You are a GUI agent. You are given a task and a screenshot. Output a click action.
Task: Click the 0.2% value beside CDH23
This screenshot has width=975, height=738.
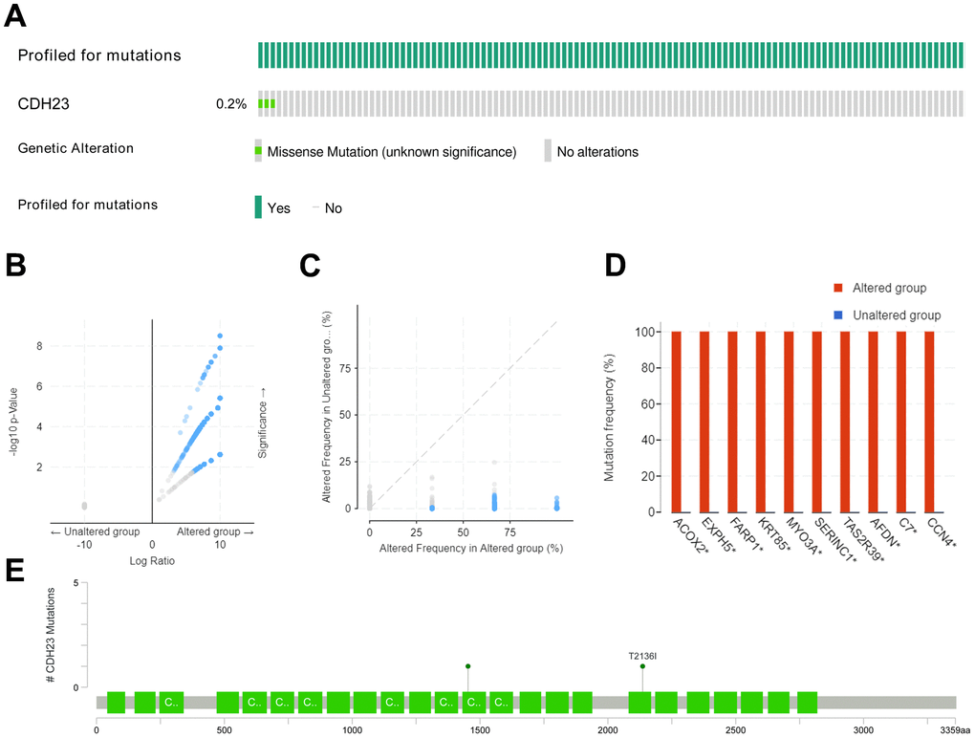(x=230, y=103)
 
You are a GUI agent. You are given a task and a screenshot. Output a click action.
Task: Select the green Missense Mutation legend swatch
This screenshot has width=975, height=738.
(x=257, y=151)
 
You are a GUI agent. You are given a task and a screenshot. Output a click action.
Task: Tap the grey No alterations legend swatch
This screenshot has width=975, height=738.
(x=548, y=151)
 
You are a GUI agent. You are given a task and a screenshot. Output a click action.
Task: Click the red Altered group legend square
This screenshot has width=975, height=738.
(x=838, y=289)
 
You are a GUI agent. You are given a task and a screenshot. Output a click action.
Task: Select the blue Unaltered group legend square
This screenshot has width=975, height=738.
(x=838, y=315)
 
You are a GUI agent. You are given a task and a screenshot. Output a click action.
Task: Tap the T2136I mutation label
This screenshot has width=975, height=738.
(x=642, y=656)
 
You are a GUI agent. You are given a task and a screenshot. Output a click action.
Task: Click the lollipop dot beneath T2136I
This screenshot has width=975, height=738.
(x=642, y=666)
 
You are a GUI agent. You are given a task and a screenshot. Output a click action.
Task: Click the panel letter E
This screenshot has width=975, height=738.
(x=15, y=570)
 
